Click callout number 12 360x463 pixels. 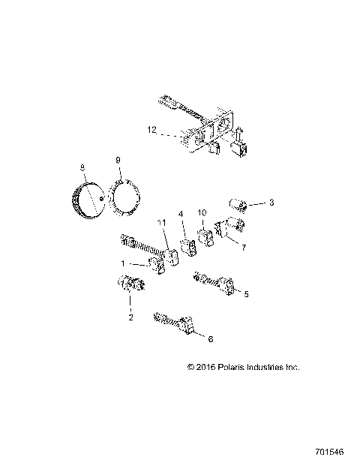click(x=152, y=130)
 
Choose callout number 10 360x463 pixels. click(x=201, y=212)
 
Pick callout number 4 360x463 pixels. click(x=181, y=214)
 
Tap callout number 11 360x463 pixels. click(x=160, y=224)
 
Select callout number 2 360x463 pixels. click(x=130, y=317)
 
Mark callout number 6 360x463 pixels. click(x=210, y=338)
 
